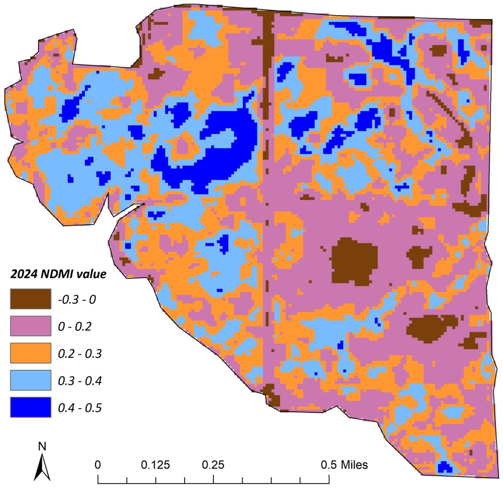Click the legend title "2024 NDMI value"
point(58,273)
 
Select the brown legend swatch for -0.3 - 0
point(30,299)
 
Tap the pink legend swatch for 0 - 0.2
point(30,326)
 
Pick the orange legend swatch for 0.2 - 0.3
point(30,353)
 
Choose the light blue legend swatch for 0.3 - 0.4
point(30,381)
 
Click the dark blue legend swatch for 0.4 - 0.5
point(30,408)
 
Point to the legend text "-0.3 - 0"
point(77,299)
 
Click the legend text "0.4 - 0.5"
point(80,408)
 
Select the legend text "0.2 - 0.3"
point(80,354)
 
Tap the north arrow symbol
point(42,467)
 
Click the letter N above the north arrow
point(42,447)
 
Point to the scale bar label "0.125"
point(156,464)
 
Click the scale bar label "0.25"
point(213,464)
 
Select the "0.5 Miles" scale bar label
point(344,464)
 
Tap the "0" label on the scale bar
point(98,464)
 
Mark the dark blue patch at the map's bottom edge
point(444,467)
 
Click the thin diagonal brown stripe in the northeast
point(446,110)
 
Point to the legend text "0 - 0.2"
point(74,326)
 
